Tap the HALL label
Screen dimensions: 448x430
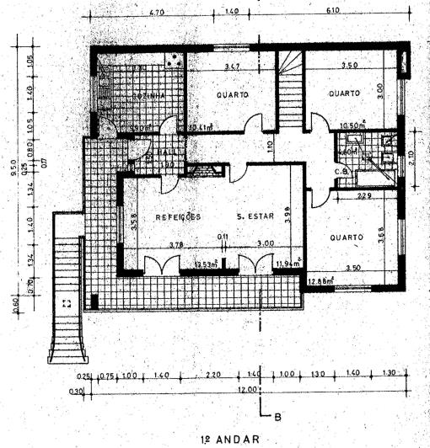pos(164,152)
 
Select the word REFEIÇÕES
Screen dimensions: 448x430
pos(179,216)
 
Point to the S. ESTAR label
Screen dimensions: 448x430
pos(254,216)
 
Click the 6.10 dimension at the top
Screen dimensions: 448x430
pos(332,12)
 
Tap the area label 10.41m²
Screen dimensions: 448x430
pos(200,127)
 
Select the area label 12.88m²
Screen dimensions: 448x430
pos(320,280)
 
